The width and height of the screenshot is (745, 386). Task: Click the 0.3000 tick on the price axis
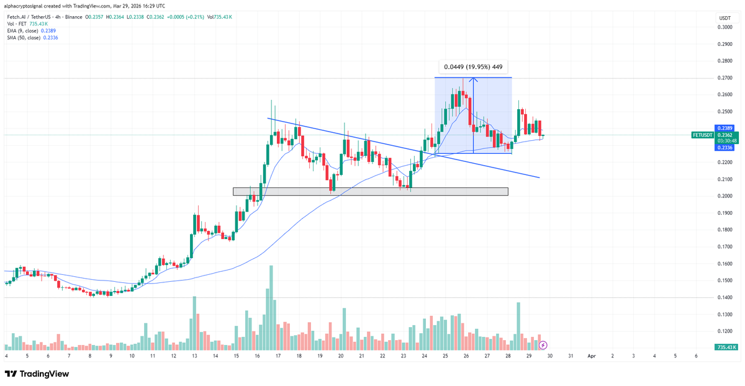[x=723, y=27]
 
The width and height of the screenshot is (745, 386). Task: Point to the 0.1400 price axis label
[x=723, y=298]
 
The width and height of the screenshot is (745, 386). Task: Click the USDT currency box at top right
[x=724, y=18]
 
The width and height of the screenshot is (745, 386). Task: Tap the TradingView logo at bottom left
[x=37, y=374]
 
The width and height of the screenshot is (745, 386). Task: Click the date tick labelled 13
[x=194, y=357]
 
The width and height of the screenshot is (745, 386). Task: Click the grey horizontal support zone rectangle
[x=370, y=192]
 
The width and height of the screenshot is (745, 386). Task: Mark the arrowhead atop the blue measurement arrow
[x=474, y=79]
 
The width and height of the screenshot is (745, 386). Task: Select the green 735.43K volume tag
[x=723, y=347]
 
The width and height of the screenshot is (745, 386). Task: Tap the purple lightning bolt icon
[x=543, y=344]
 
